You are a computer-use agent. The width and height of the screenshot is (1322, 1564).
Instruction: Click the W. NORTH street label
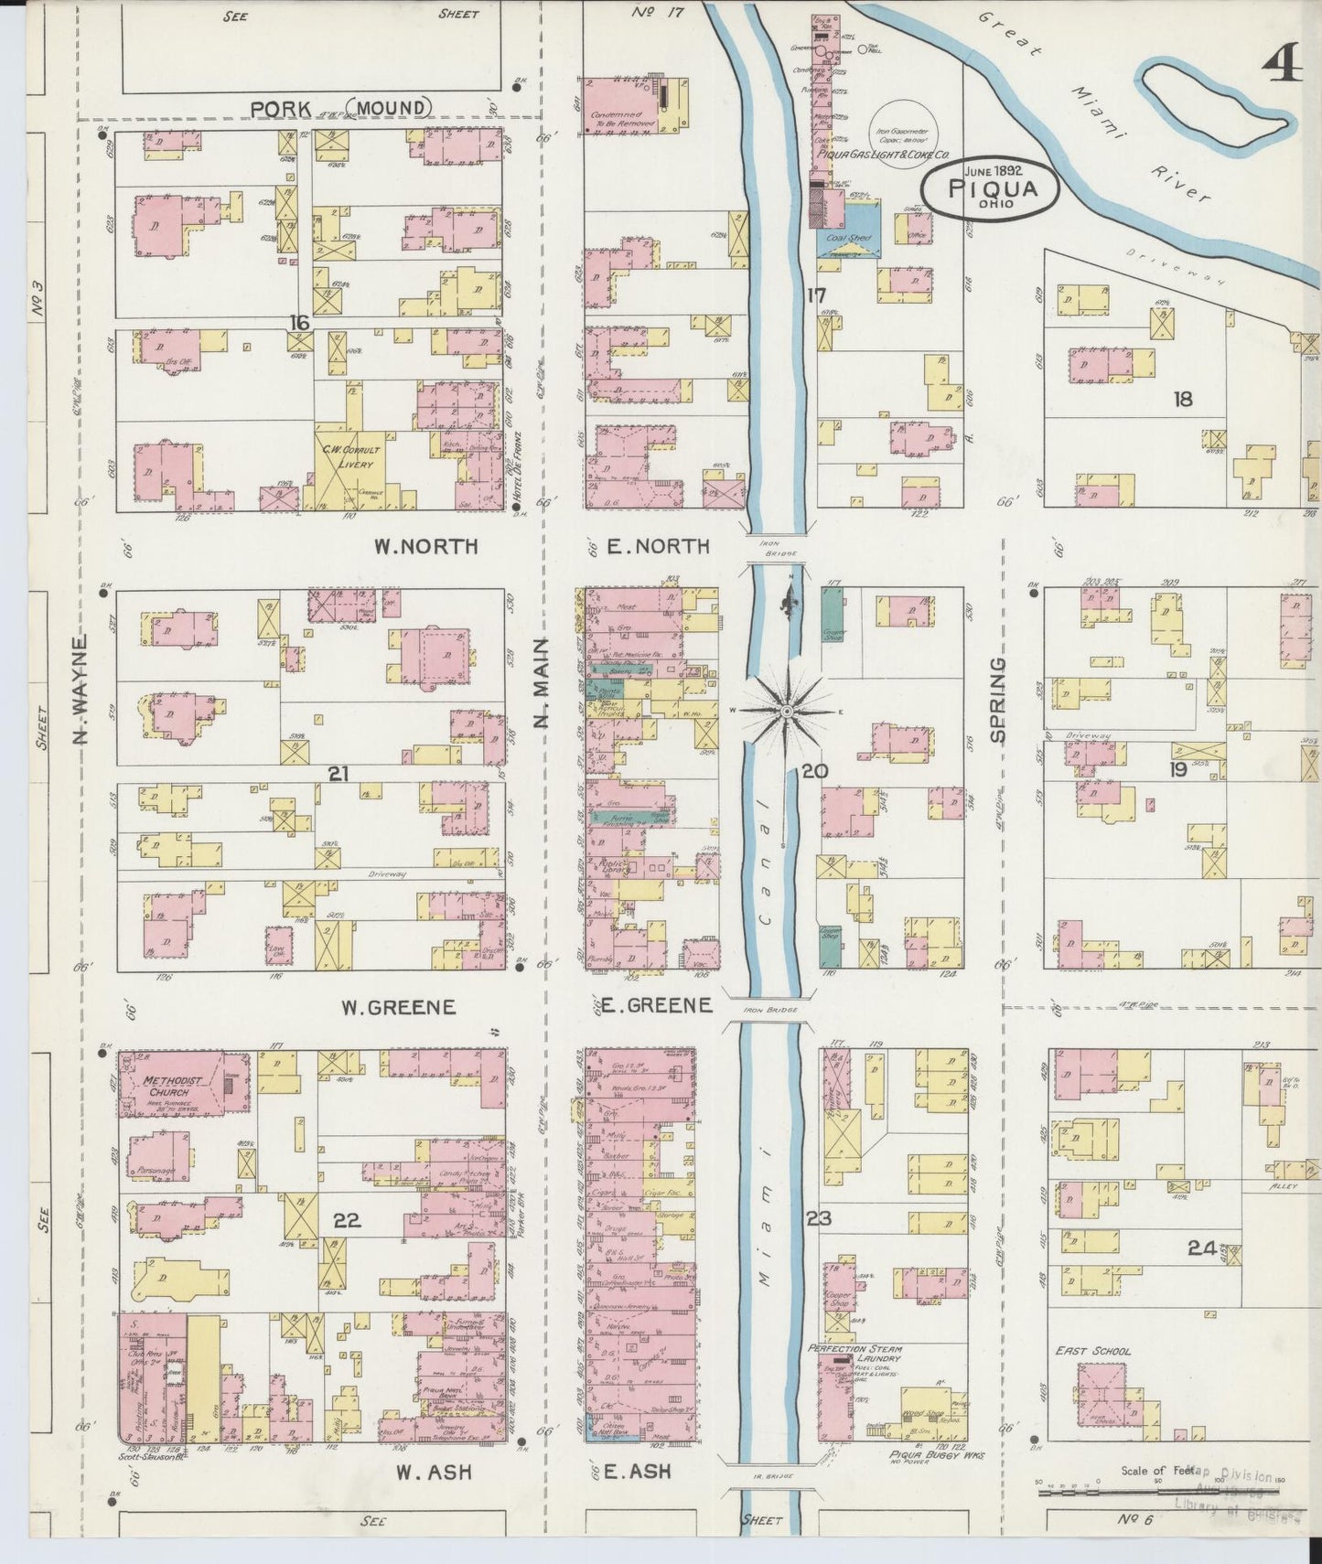[x=425, y=547]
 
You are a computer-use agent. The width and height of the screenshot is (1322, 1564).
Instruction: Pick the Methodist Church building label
[x=166, y=1086]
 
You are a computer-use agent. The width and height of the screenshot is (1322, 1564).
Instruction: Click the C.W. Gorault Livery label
[x=349, y=455]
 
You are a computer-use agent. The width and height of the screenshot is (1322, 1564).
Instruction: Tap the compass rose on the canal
[x=786, y=711]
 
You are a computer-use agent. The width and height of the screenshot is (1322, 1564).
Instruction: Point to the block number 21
[x=339, y=775]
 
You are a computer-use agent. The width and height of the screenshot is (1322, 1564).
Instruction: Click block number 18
[x=1183, y=399]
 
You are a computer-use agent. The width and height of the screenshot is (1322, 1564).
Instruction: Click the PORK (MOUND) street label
[x=340, y=109]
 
